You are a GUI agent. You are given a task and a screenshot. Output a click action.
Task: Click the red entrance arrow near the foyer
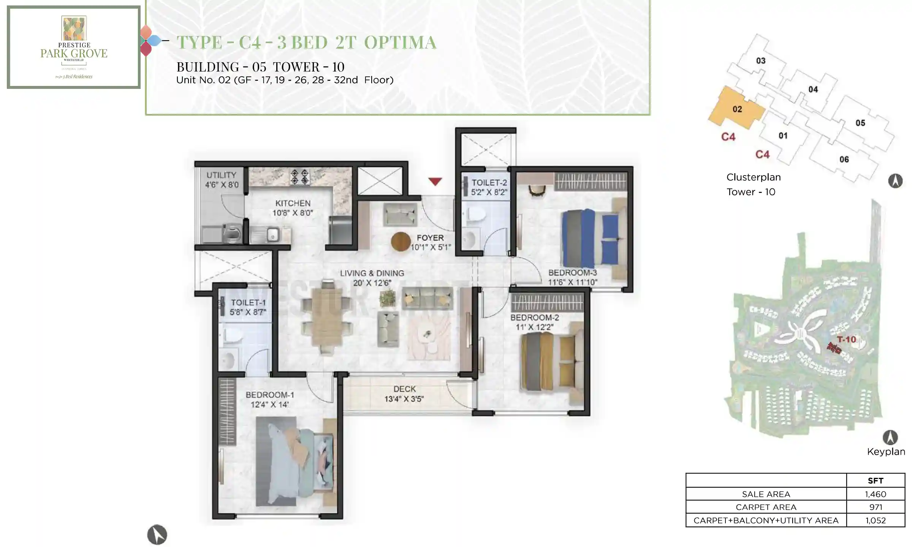[x=435, y=181]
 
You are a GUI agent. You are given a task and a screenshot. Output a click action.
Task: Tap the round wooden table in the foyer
[x=401, y=241]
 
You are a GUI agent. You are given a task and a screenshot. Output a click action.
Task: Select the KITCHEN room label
[x=293, y=203]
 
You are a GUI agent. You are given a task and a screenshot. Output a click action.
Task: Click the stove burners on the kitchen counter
[x=299, y=177]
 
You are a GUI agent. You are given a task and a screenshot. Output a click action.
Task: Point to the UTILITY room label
[x=221, y=175]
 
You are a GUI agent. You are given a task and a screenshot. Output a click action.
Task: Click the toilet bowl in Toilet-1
[x=233, y=336]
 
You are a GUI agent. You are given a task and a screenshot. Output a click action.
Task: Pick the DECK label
[x=404, y=389]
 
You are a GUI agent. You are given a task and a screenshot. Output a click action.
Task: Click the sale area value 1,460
[x=875, y=494]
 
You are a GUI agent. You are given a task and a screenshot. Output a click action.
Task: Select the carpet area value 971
[x=875, y=507]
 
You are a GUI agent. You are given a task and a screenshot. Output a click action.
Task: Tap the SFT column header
[x=875, y=481]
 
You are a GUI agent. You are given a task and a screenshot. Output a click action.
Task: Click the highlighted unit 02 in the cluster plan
[x=737, y=109]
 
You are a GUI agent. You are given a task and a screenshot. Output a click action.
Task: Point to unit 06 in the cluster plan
[x=844, y=160]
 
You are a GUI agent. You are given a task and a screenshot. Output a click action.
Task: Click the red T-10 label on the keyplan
[x=846, y=339]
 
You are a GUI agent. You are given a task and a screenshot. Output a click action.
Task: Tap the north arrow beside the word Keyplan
[x=890, y=438]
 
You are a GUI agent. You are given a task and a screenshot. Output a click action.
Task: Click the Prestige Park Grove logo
[x=74, y=46]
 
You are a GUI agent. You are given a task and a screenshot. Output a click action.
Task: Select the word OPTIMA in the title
[x=400, y=42]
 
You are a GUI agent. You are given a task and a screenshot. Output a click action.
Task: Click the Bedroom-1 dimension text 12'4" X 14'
[x=269, y=405]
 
